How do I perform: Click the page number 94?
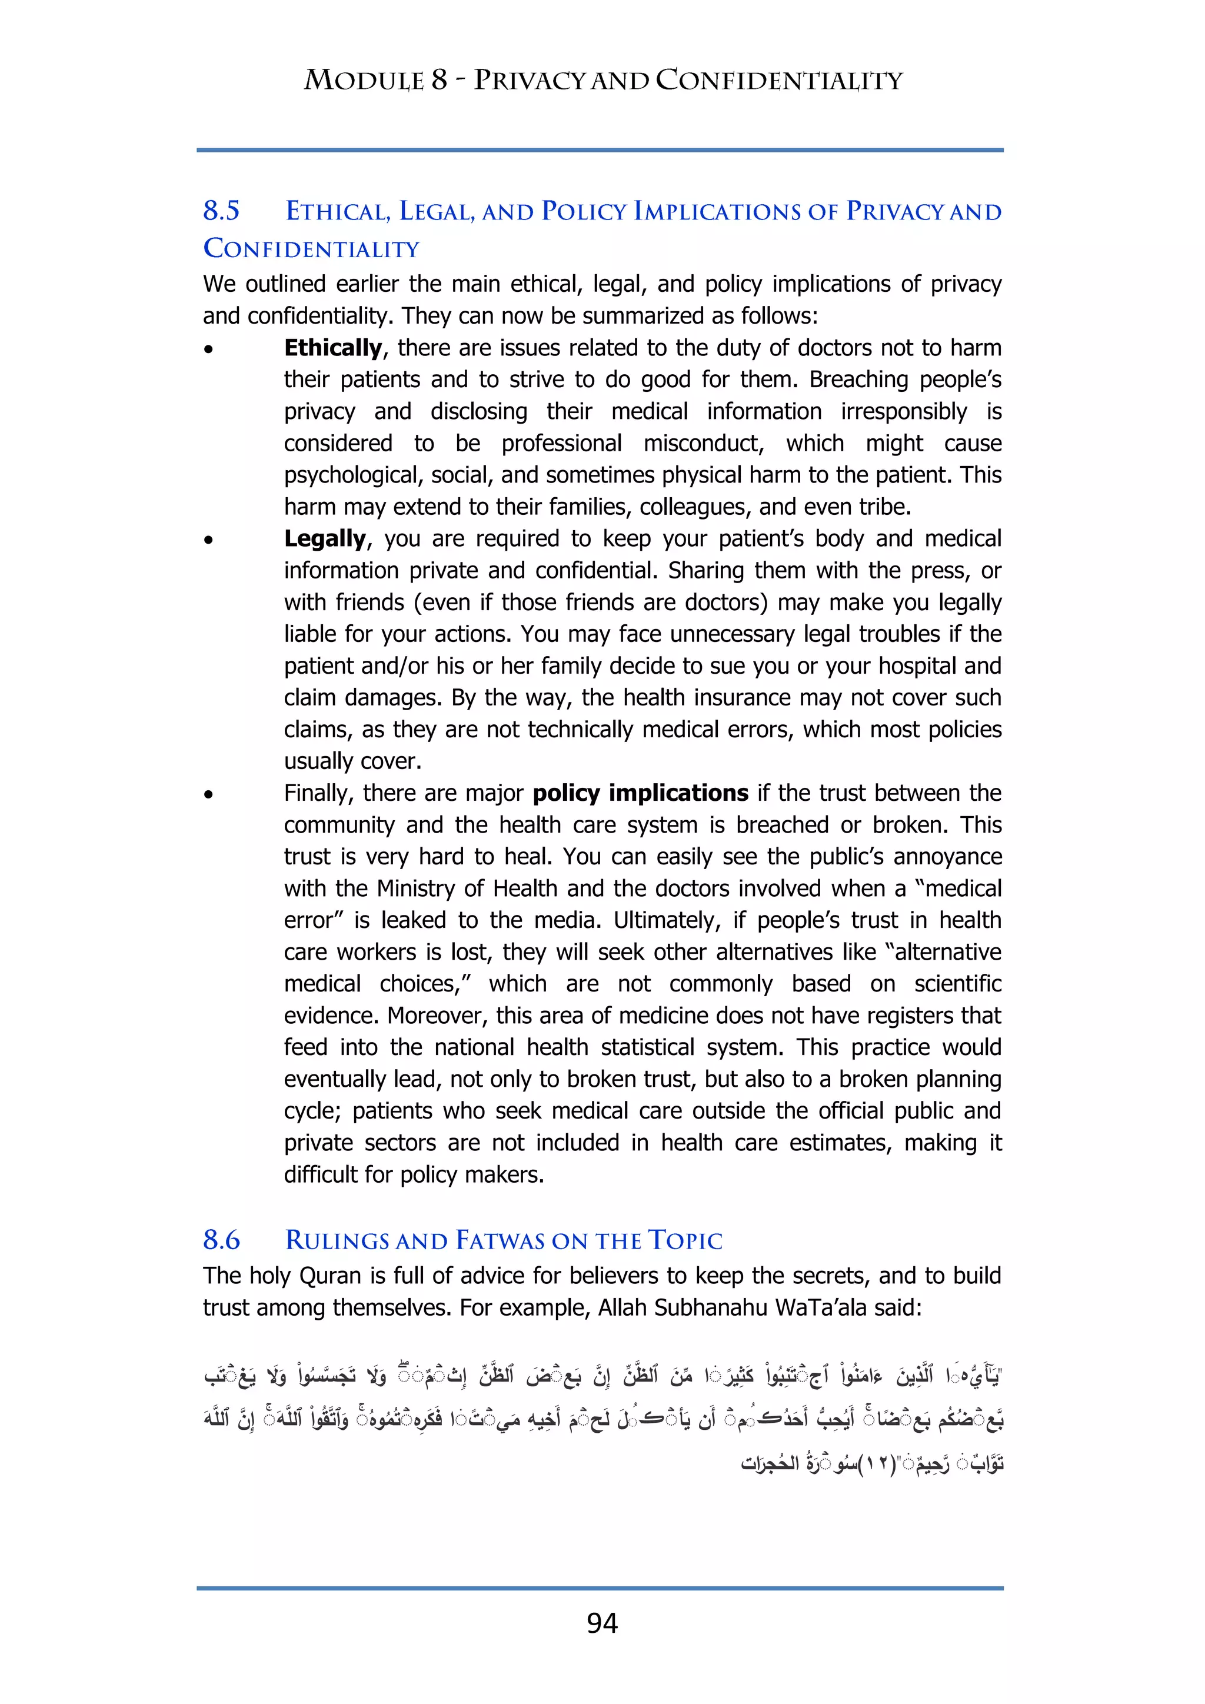tap(602, 1623)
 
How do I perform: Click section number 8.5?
tap(221, 211)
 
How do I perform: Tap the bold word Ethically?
tap(332, 347)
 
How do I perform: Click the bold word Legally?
tap(325, 538)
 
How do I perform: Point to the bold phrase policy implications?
tap(640, 793)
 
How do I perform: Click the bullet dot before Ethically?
tap(209, 349)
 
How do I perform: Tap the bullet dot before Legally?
tap(209, 540)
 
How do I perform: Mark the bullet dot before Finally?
tap(209, 794)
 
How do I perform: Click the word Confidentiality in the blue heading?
tap(312, 249)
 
